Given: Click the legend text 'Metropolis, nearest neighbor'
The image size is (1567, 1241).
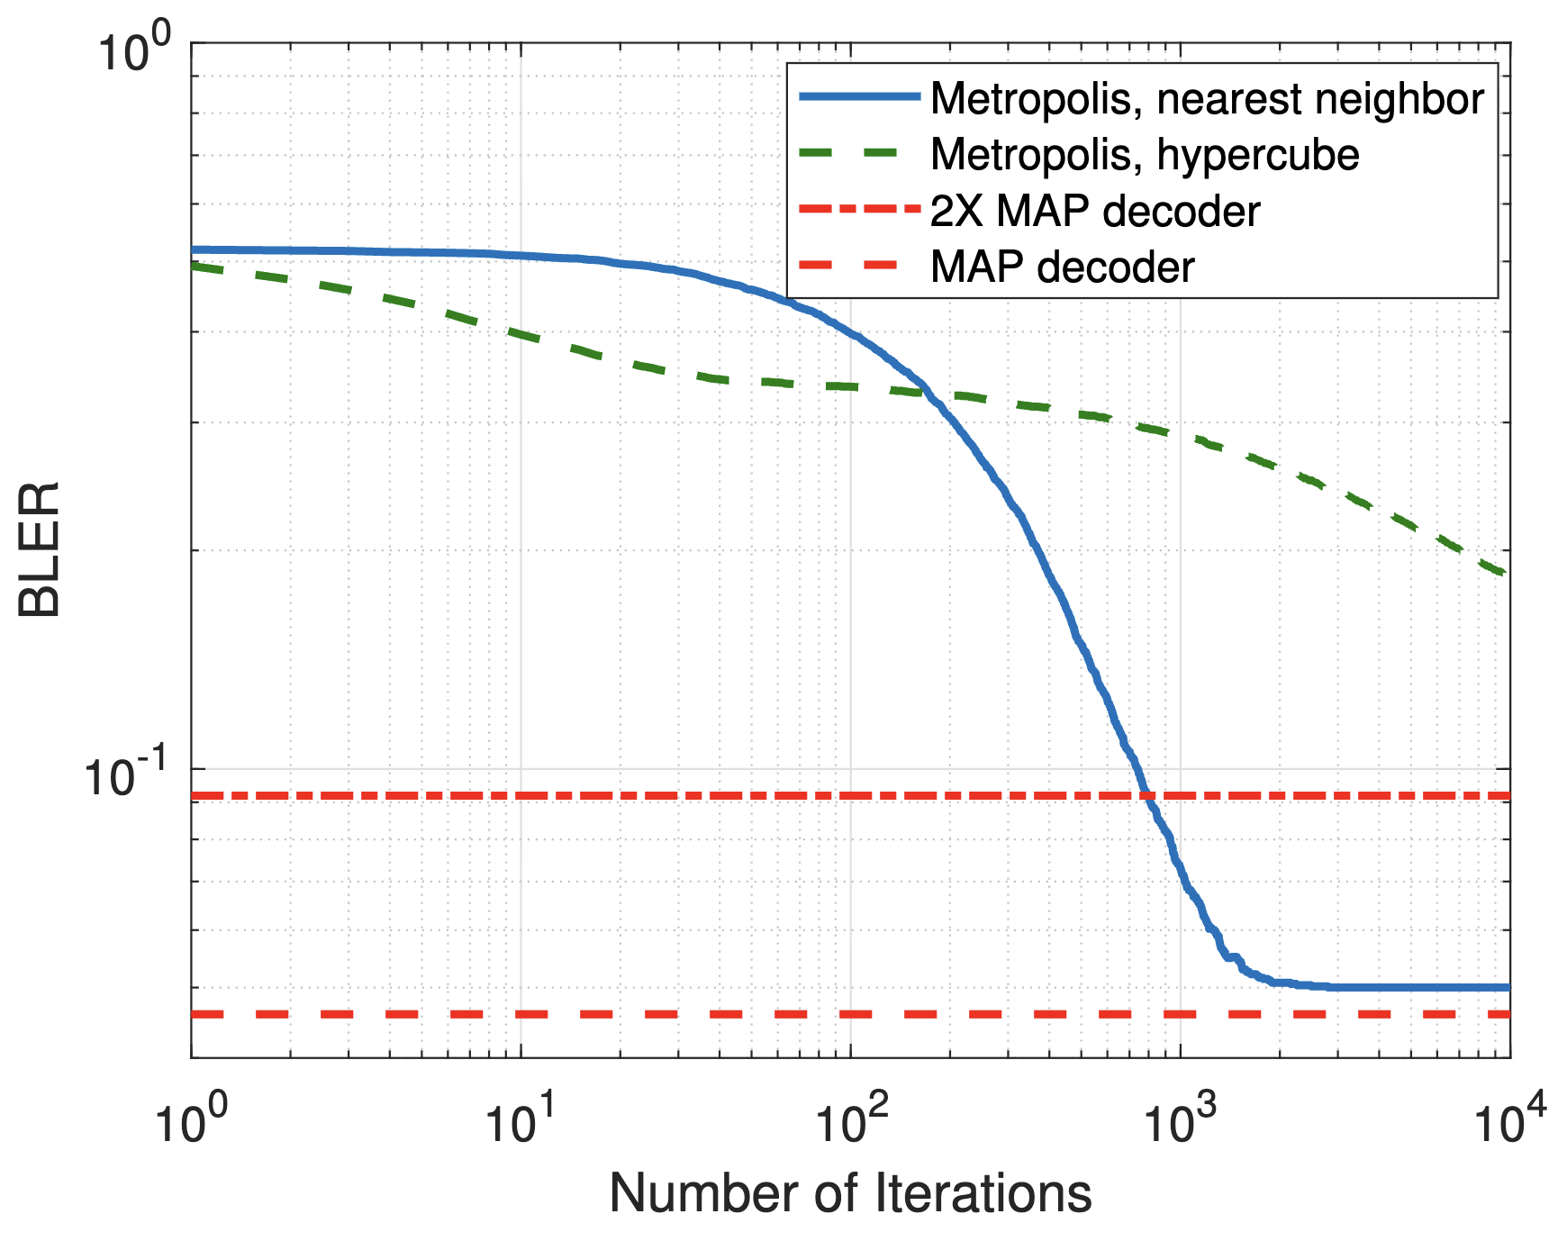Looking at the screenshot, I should pos(1207,98).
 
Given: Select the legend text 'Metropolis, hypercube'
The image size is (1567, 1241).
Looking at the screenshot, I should pos(1145,154).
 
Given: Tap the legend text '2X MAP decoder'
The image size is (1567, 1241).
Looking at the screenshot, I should pos(1094,211).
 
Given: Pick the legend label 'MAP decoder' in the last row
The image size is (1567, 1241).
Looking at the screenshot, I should pos(1062,267).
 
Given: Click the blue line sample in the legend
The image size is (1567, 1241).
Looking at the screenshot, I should pos(859,97).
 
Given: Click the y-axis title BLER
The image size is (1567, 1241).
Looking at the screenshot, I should pos(40,549).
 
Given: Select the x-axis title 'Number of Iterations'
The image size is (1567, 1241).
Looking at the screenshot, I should pos(850,1193).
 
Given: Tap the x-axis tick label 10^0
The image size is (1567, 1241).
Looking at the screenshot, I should pos(190,1121).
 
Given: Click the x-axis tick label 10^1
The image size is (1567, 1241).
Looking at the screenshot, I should pos(521,1121).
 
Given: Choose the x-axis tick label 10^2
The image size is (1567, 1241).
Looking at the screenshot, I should pos(850,1121).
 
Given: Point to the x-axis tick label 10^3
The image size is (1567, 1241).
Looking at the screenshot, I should pos(1180,1121).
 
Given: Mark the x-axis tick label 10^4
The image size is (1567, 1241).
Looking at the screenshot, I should pos(1509,1121).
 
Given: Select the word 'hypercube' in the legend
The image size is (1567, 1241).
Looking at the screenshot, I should pos(1258,154).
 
